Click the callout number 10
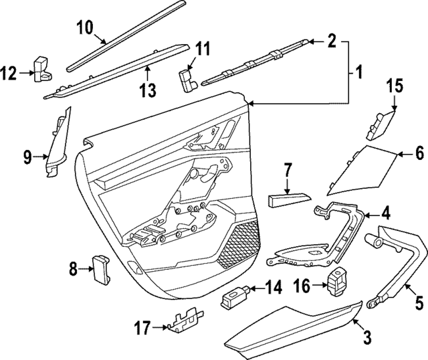pos(85,28)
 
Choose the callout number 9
pos(27,157)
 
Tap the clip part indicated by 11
pos(185,78)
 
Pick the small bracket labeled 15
pos(379,124)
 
